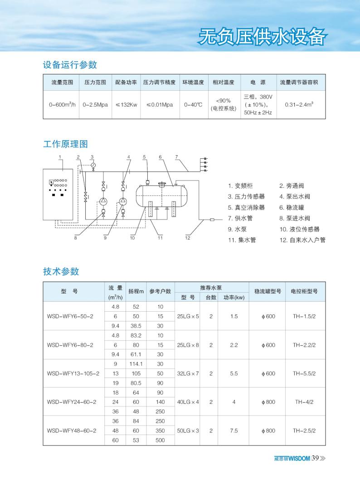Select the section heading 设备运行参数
click(70, 65)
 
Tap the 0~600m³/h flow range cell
click(62, 104)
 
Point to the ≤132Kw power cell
click(126, 104)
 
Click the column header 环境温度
click(194, 83)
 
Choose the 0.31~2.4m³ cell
click(299, 104)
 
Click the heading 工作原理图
click(65, 144)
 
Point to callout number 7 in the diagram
click(176, 157)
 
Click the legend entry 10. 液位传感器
click(299, 229)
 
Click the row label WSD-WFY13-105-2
click(73, 373)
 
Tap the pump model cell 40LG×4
click(188, 401)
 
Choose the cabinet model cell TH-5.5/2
click(304, 373)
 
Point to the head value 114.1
click(136, 364)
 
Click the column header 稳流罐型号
click(267, 291)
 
